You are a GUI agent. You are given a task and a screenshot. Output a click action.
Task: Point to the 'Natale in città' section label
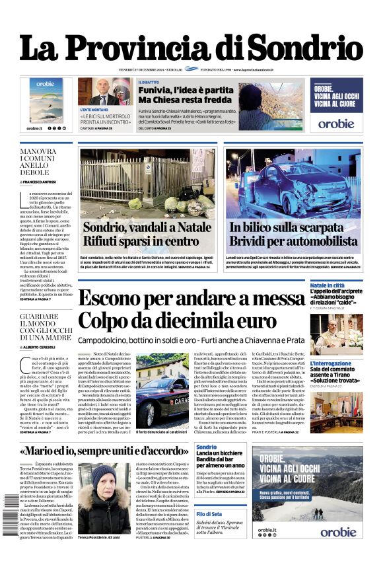[x=328, y=285]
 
